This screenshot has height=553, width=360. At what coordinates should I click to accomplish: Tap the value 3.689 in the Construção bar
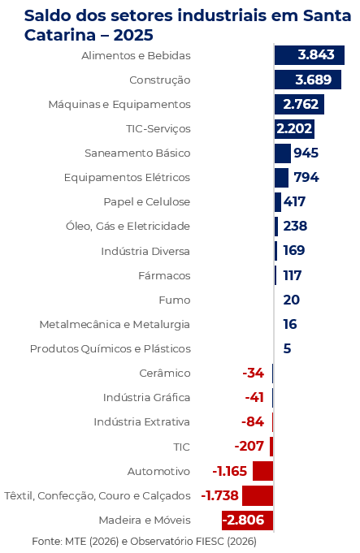(x=313, y=80)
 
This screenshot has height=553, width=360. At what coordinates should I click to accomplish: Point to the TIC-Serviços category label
(x=158, y=128)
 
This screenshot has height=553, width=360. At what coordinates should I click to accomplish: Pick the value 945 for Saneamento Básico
(x=306, y=153)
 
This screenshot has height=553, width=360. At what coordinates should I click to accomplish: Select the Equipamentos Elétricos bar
(x=281, y=177)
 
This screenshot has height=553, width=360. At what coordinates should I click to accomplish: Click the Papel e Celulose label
(x=146, y=201)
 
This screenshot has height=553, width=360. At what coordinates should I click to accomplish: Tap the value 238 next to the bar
(x=295, y=226)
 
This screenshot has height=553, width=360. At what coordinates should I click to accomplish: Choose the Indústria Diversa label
(x=145, y=250)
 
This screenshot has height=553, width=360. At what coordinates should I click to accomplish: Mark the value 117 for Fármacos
(x=293, y=275)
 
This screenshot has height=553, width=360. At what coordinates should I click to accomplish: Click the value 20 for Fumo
(x=291, y=300)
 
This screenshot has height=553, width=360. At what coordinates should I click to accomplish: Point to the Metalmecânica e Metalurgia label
(x=115, y=324)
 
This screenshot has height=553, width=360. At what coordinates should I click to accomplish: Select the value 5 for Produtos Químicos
(x=287, y=348)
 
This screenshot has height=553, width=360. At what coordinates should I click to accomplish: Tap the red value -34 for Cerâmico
(x=254, y=373)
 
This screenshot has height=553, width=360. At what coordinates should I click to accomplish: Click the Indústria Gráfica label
(x=146, y=397)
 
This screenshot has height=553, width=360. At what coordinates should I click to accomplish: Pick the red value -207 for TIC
(x=249, y=446)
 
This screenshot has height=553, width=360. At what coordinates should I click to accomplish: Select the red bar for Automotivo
(x=262, y=471)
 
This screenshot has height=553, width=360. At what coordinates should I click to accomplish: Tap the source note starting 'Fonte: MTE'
(x=144, y=541)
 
